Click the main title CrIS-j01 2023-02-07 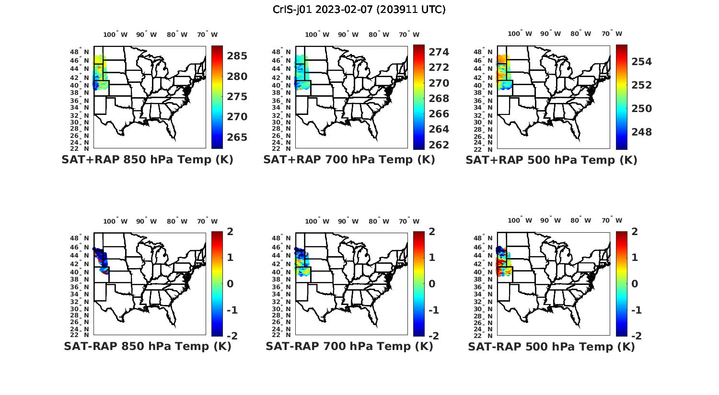point(359,9)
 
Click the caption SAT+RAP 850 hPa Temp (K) point(147,159)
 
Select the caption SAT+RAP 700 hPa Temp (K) point(349,159)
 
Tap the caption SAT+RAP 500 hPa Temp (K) point(551,160)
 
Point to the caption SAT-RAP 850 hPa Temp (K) point(147,346)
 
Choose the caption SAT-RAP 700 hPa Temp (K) point(349,346)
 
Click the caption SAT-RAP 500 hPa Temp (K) point(551,347)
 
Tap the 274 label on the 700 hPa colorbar point(439,52)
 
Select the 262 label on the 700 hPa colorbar point(439,145)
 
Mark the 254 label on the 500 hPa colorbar point(641,62)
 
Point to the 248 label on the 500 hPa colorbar point(641,132)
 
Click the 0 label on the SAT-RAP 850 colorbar point(230,283)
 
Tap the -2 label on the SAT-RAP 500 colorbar point(634,336)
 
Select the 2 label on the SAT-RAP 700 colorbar point(432,232)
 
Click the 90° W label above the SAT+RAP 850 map point(146,34)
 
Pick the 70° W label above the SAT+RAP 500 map point(612,34)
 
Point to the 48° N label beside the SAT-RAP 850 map point(82,238)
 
